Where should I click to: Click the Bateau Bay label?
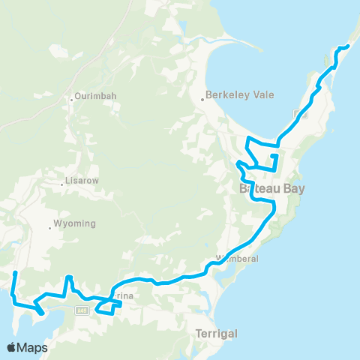pos(272,189)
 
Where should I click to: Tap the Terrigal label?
pos(216,332)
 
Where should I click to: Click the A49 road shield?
pos(82,310)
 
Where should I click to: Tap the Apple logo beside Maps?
pos(11,347)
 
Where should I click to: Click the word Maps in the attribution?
pos(32,347)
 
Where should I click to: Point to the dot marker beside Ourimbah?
pos(72,97)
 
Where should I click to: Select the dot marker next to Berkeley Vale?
pos(202,96)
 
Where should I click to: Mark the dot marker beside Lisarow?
pos(63,181)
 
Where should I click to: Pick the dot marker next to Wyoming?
pos(50,225)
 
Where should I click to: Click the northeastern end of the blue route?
pos(349,47)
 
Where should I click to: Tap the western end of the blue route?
pos(15,272)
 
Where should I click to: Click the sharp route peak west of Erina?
pos(69,277)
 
